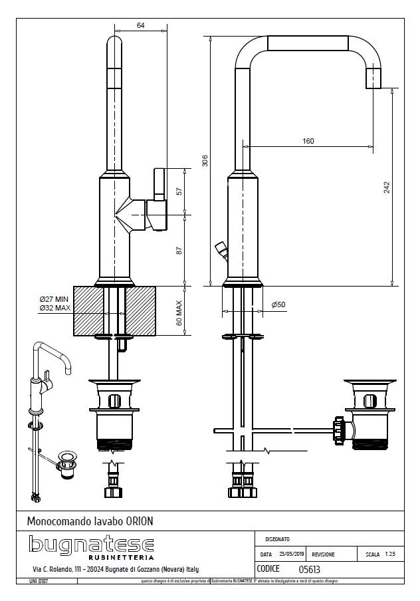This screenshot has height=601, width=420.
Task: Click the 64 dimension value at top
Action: (141, 25)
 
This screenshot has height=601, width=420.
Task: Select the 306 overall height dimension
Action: (205, 160)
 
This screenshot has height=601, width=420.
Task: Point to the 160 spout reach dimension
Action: (308, 141)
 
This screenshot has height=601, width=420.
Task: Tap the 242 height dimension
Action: (387, 187)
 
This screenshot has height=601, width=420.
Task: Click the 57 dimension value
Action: (179, 191)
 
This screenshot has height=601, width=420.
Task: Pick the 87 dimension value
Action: (179, 250)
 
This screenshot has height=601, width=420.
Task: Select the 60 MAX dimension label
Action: (179, 311)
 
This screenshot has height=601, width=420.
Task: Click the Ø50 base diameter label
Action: (278, 304)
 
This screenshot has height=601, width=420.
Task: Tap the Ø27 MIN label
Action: (54, 299)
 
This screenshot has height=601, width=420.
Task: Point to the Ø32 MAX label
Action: (54, 308)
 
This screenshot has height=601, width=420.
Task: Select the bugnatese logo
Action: (91, 546)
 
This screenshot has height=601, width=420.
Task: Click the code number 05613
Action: (310, 569)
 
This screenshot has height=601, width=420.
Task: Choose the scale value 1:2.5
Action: (389, 554)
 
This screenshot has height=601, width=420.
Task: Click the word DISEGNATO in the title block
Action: (276, 539)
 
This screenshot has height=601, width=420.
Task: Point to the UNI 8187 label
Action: (39, 581)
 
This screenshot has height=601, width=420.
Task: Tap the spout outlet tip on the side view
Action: (375, 78)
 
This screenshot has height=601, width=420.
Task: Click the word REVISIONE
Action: (324, 554)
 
